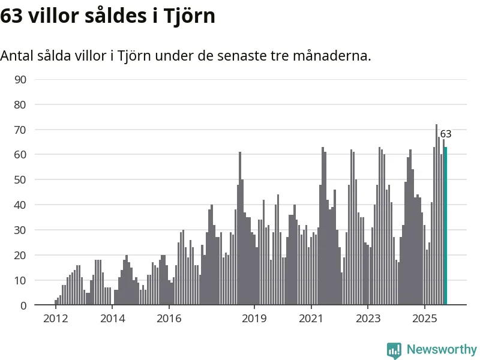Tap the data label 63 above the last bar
tap(445, 134)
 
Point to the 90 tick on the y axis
tap(20, 79)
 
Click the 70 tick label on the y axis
tap(20, 130)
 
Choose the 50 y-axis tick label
tap(20, 180)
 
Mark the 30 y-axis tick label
tap(20, 230)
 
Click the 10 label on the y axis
tap(20, 280)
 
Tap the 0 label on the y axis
tap(23, 305)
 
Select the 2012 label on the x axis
tap(55, 318)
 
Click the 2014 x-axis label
tap(112, 318)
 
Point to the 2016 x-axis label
tap(169, 318)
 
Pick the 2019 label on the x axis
tap(254, 318)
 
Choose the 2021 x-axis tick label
tap(311, 318)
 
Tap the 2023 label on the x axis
tap(368, 318)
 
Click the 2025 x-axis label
tap(425, 318)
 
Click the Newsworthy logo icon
tap(394, 350)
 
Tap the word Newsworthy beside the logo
tap(442, 349)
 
